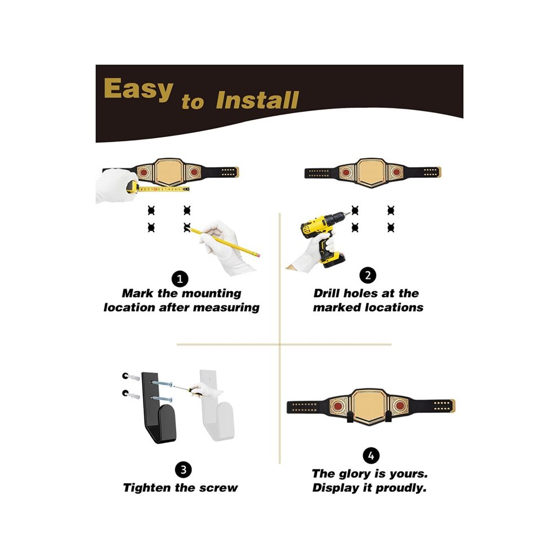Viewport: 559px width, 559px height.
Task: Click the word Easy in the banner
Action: (138, 89)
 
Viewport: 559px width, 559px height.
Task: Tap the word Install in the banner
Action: (257, 100)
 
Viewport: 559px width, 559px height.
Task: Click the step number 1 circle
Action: (180, 279)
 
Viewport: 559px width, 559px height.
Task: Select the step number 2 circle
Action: (368, 276)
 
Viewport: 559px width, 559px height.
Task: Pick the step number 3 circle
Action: (184, 470)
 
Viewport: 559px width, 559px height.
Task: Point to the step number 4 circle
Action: (371, 456)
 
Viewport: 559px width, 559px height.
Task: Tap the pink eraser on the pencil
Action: (258, 255)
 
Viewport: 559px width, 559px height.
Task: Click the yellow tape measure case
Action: (132, 187)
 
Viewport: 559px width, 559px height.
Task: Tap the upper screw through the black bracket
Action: (162, 384)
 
